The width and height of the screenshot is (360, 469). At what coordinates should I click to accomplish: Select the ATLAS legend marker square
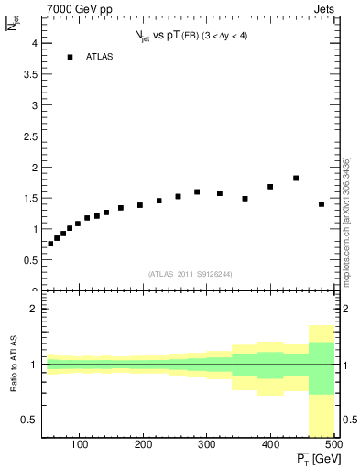[70, 57]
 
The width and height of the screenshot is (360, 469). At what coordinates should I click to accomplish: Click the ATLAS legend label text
[98, 57]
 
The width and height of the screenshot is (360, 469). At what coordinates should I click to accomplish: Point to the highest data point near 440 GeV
[296, 178]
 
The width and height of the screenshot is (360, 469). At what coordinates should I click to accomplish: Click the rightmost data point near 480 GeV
[322, 203]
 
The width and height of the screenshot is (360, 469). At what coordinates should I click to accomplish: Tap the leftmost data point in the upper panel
[50, 244]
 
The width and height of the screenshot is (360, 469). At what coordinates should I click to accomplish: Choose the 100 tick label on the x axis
[80, 446]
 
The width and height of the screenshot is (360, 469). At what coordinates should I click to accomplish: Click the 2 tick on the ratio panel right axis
[341, 310]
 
